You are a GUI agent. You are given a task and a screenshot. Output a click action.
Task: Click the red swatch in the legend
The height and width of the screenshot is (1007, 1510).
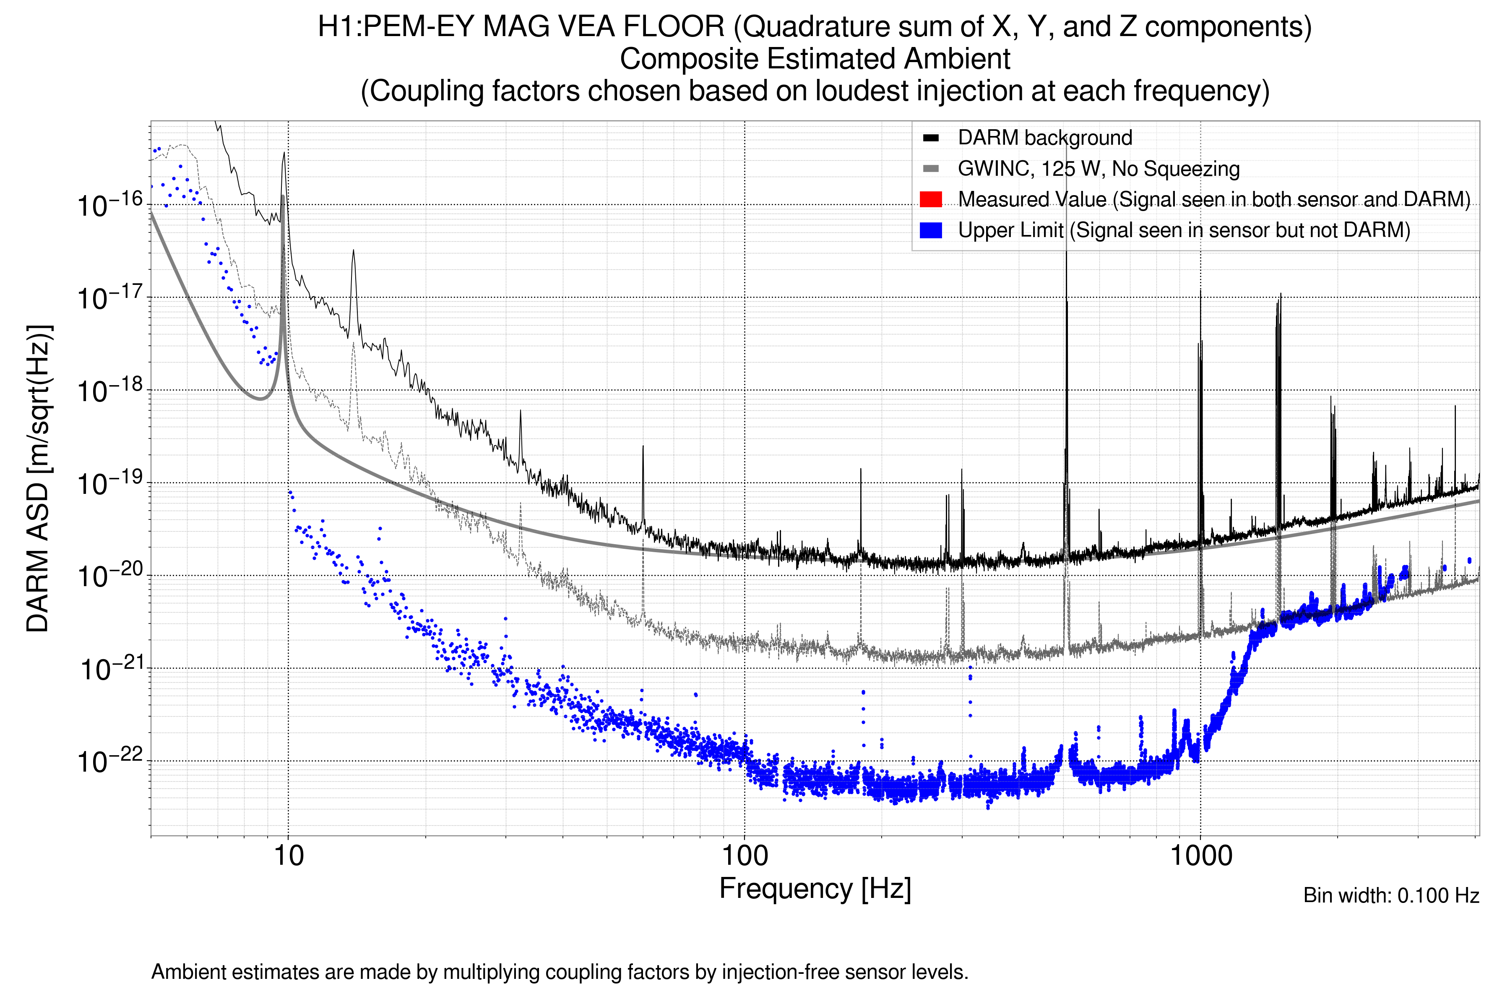(930, 199)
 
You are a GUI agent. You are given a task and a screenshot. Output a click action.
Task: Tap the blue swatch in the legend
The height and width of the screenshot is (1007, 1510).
(930, 230)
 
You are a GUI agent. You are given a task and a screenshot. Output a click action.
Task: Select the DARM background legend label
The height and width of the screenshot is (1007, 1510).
(1044, 138)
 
